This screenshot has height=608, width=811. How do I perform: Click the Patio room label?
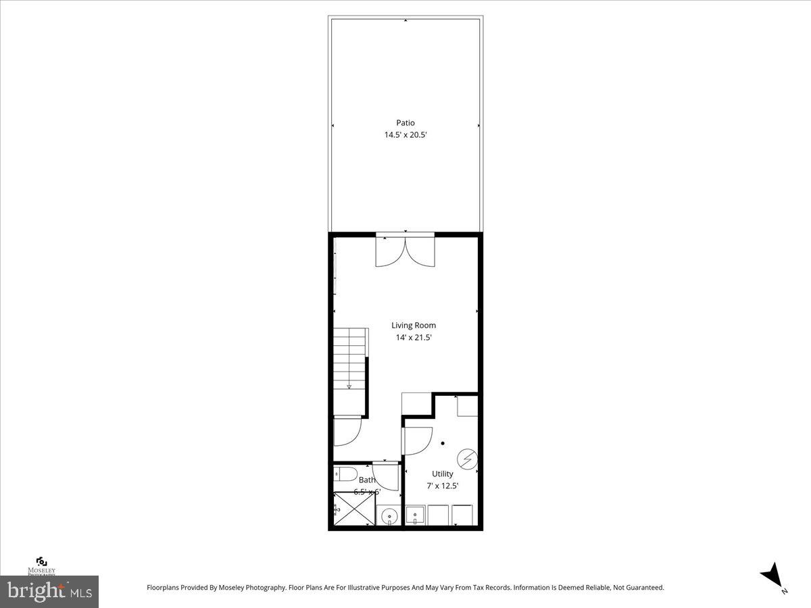click(x=405, y=123)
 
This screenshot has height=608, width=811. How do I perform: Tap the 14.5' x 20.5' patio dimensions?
click(x=405, y=135)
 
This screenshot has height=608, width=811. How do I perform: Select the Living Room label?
click(x=414, y=326)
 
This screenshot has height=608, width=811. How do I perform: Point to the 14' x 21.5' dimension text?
click(x=414, y=338)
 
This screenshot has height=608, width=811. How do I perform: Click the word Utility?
click(x=443, y=474)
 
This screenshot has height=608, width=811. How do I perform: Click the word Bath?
click(x=367, y=480)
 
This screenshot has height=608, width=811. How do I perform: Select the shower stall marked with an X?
click(x=354, y=508)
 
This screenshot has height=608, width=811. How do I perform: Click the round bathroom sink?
click(x=389, y=517)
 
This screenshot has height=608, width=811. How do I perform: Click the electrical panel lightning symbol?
click(x=466, y=459)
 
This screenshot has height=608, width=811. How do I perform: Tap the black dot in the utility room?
click(x=443, y=444)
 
